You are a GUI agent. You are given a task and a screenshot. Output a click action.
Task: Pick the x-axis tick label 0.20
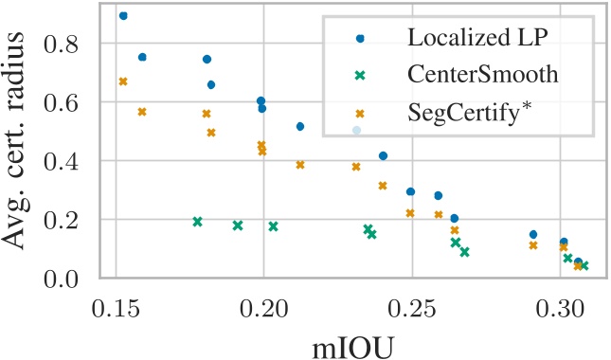pos(263,310)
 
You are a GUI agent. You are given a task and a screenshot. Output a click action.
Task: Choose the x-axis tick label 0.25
pos(411,310)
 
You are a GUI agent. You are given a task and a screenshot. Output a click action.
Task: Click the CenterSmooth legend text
pos(478,76)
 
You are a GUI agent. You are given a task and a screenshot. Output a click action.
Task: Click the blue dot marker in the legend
pos(359,39)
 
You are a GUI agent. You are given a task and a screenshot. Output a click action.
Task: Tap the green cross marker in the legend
pos(359,76)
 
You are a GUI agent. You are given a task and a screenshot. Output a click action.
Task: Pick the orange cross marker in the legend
pos(359,113)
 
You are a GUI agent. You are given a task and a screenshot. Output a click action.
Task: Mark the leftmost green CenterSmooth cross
pos(197,222)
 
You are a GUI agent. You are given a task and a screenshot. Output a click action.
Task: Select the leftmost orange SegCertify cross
pos(123,81)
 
